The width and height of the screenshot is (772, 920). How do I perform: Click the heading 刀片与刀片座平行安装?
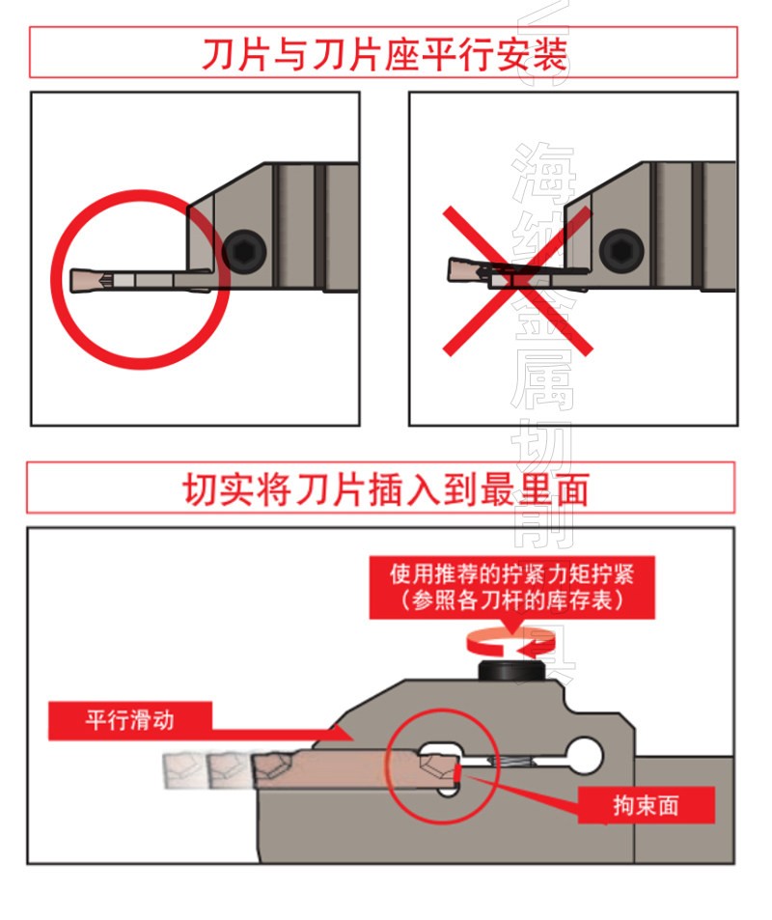tap(384, 54)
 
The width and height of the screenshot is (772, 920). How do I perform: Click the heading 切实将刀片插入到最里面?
tap(385, 488)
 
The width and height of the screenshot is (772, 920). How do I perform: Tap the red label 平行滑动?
tap(129, 720)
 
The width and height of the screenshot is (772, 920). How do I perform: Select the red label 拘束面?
tap(646, 805)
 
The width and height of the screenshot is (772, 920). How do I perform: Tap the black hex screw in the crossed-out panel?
tap(621, 252)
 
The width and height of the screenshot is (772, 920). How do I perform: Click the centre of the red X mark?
tap(516, 281)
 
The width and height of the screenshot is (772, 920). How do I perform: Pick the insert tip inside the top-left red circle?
tap(87, 280)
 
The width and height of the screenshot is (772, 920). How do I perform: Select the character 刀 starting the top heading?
tap(219, 54)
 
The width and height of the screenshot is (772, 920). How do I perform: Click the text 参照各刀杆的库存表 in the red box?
tap(512, 600)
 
